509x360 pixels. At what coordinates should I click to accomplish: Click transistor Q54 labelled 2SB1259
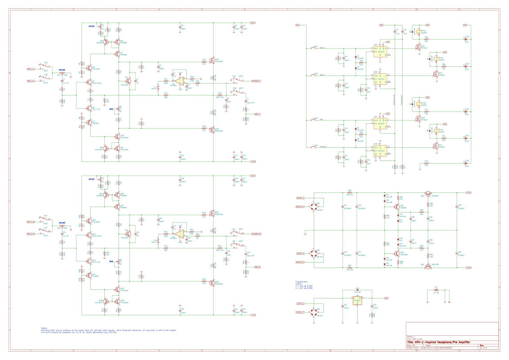[x=428, y=266]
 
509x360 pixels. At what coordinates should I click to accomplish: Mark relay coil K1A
[x=419, y=32]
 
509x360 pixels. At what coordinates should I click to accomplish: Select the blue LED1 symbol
[x=466, y=39]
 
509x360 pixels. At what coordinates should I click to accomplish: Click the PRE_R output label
[x=257, y=267]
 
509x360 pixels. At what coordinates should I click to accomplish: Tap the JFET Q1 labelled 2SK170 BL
[x=89, y=83]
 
